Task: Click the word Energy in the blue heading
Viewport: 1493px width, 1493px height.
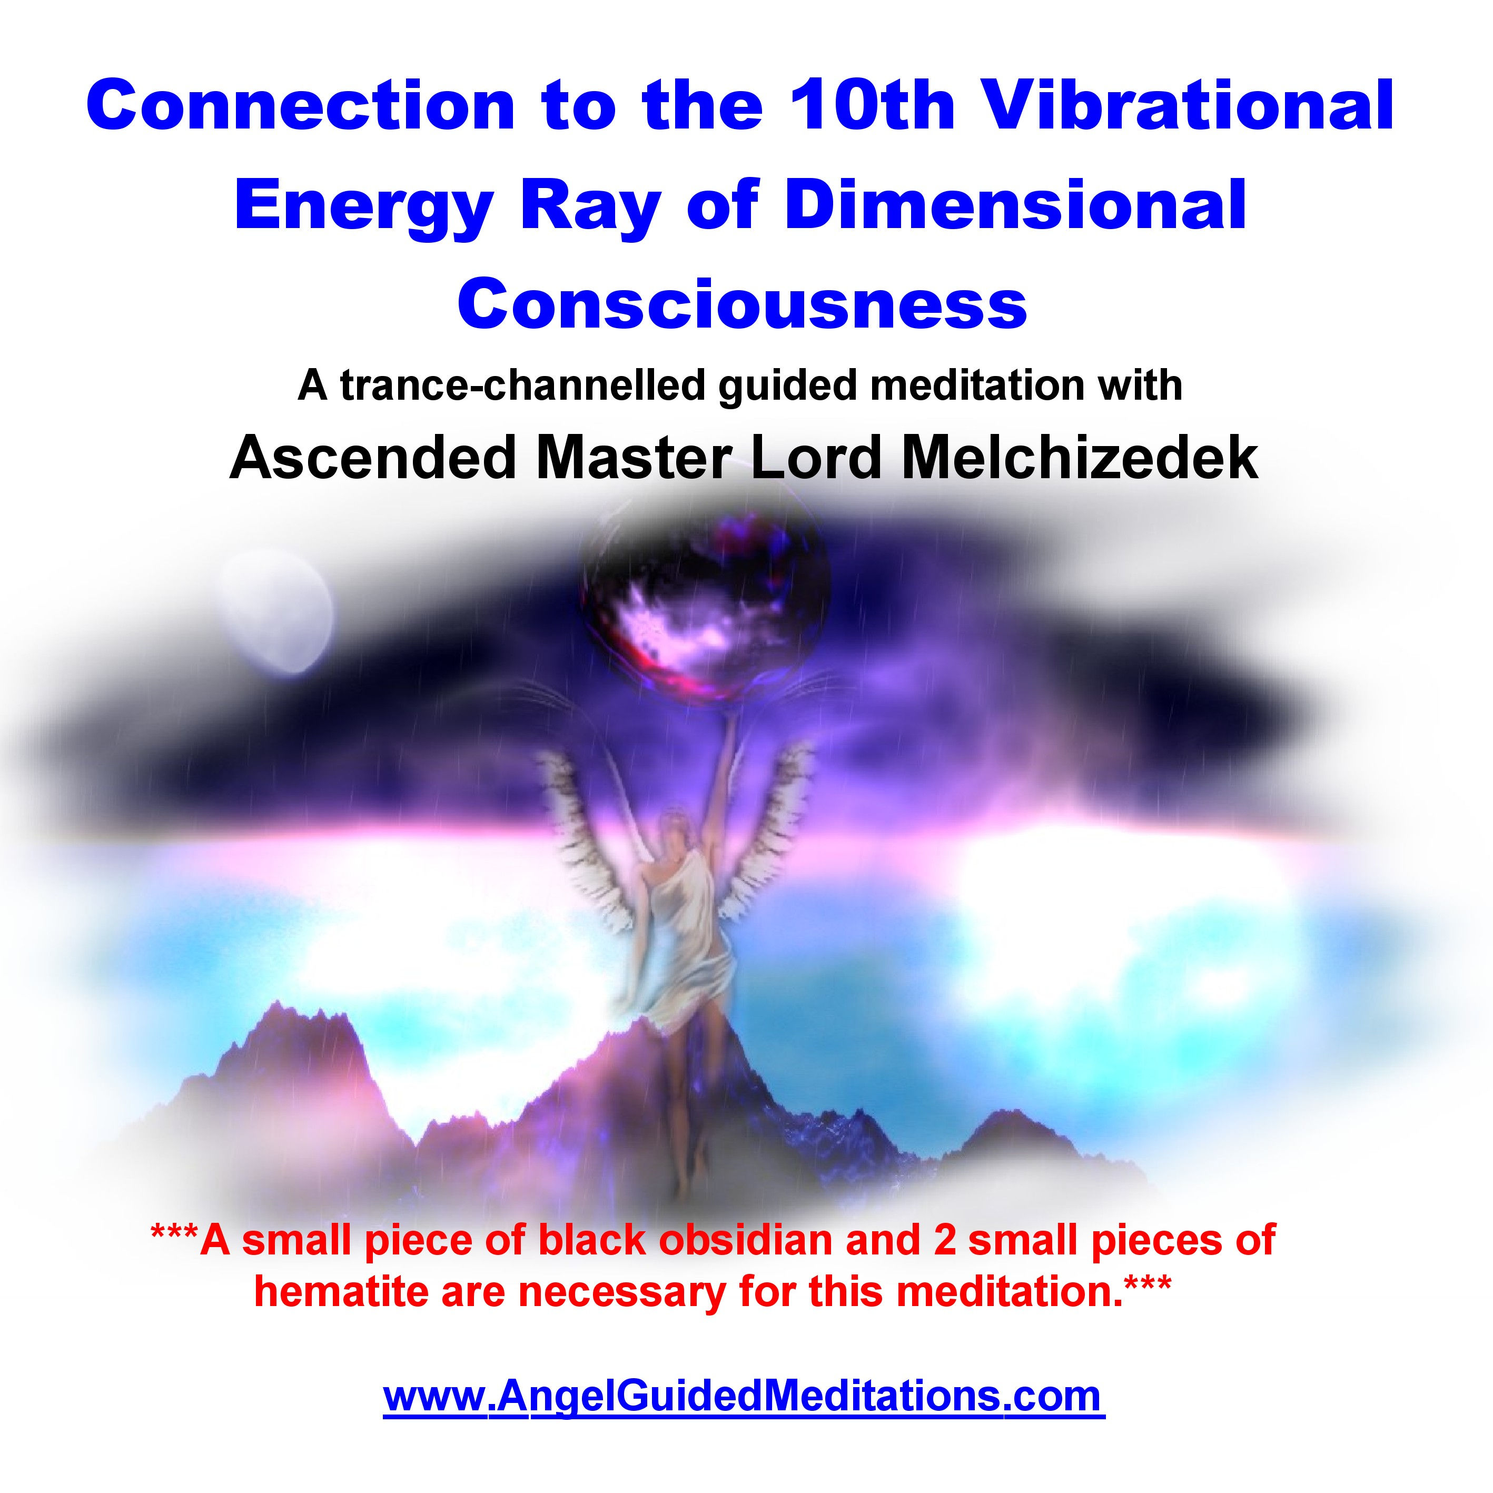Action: point(364,207)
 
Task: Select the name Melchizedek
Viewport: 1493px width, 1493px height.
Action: point(1080,458)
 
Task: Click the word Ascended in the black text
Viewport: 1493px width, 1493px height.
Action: point(372,458)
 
